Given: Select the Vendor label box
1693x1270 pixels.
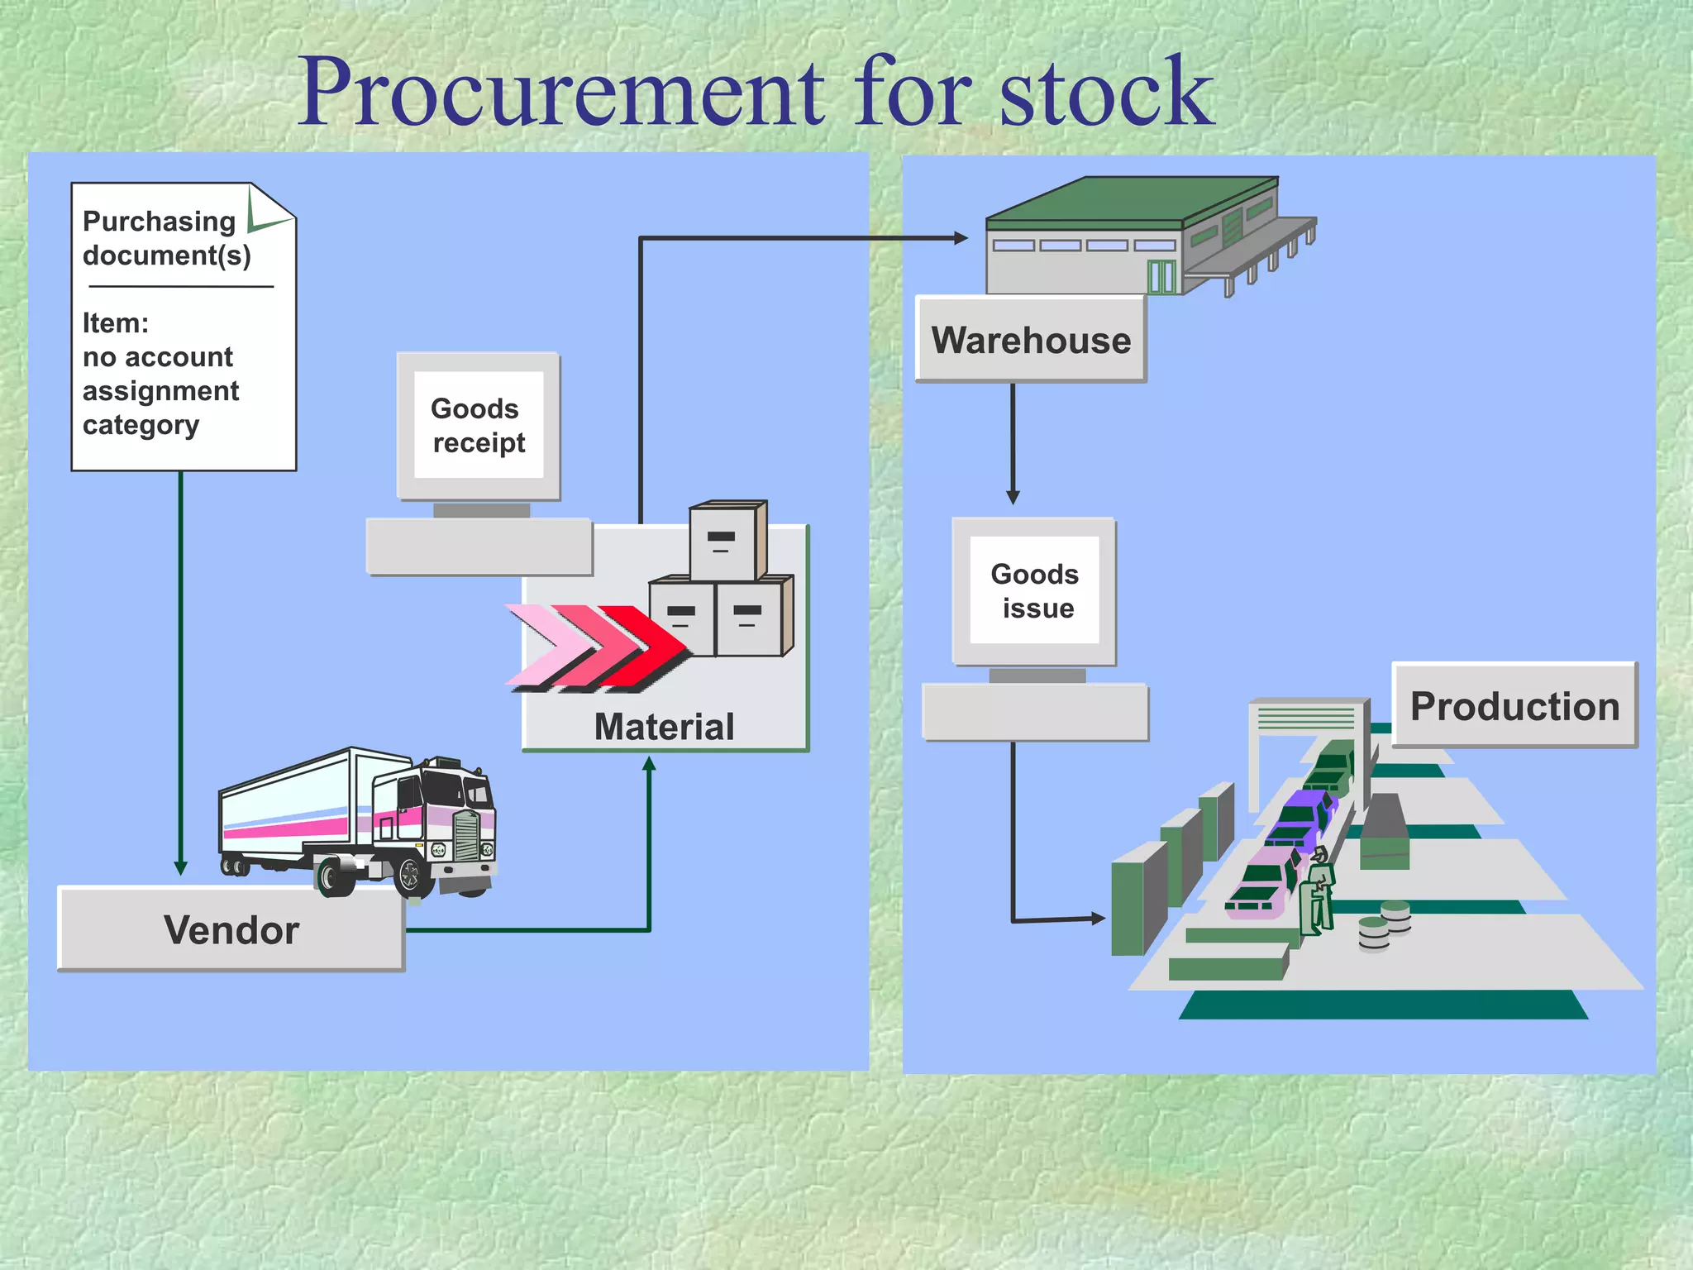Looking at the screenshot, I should (x=231, y=929).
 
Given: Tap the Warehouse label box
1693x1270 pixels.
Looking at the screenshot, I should (x=1031, y=340).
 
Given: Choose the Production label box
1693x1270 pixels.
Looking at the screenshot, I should (x=1514, y=706).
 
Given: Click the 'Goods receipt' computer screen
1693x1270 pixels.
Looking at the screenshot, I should (x=479, y=425).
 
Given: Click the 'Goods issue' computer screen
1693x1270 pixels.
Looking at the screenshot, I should (x=1034, y=590).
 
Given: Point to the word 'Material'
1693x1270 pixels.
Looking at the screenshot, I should (x=664, y=727).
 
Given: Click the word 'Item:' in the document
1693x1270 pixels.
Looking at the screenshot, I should (x=116, y=323).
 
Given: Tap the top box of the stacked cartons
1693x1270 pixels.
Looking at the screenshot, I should (x=725, y=542).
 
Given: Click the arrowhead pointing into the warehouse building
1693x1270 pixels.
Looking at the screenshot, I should (x=961, y=238).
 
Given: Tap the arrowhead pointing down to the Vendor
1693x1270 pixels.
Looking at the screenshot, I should (x=180, y=867).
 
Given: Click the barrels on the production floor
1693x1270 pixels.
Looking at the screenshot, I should (x=1385, y=926).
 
